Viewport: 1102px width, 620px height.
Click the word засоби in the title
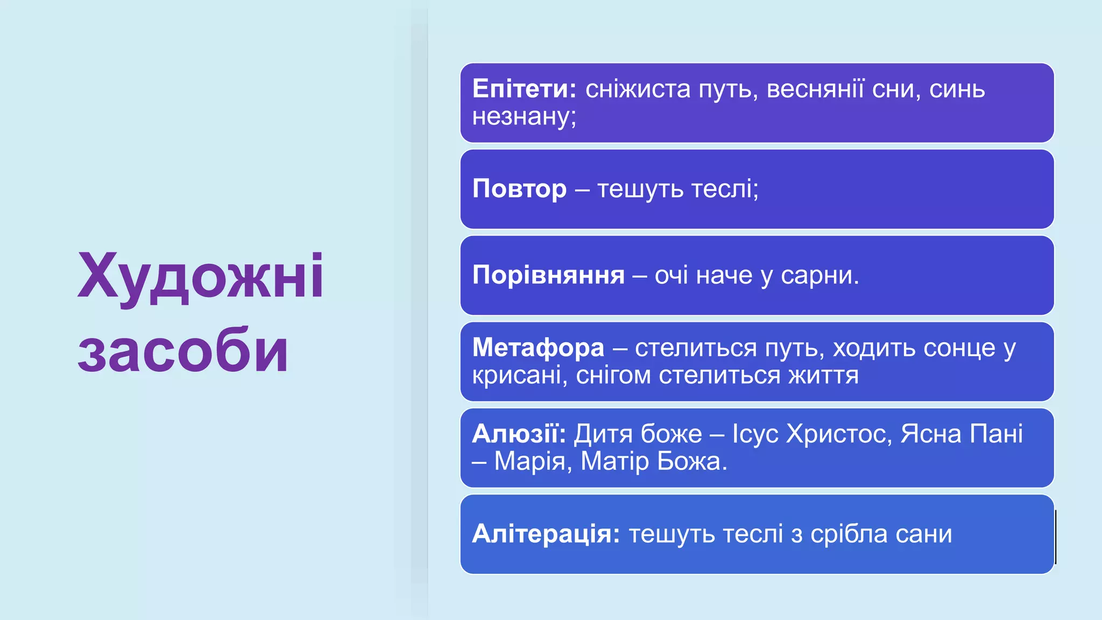(x=183, y=351)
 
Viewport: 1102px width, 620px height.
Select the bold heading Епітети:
(x=524, y=89)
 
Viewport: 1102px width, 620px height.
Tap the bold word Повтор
(x=519, y=189)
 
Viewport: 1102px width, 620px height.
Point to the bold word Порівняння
(x=548, y=275)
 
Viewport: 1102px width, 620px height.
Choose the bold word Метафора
(x=538, y=348)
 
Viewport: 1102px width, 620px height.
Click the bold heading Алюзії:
(x=519, y=434)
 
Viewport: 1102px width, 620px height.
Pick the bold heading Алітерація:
(x=546, y=534)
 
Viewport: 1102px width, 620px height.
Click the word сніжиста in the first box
(x=638, y=89)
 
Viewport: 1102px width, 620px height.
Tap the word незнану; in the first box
(x=524, y=117)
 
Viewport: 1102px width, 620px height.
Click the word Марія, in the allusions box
(x=533, y=462)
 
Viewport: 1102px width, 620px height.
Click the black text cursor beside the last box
(x=1056, y=537)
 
